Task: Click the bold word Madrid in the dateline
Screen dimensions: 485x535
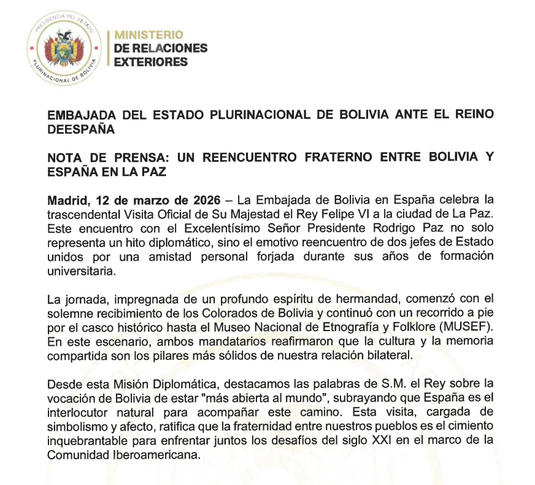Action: pos(65,200)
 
